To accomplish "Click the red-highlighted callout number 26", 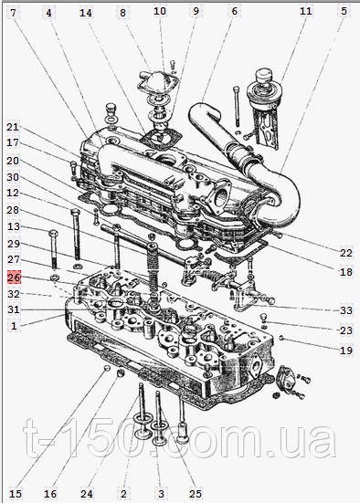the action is tap(14, 278).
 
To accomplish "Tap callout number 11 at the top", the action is tap(306, 11).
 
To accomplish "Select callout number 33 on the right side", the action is tap(346, 310).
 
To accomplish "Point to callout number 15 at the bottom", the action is tap(16, 494).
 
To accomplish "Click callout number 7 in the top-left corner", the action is tap(13, 13).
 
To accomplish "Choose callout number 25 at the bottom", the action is tap(196, 494).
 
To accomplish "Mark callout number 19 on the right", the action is tap(346, 350).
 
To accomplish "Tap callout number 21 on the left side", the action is tap(13, 127).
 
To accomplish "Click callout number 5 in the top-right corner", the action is tap(344, 11).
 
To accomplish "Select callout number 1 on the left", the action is tap(14, 326).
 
